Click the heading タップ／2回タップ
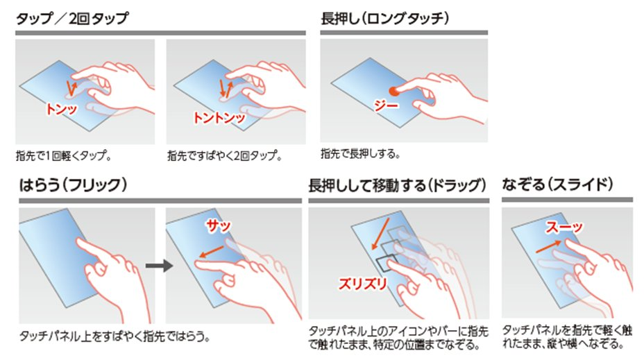[x=72, y=19]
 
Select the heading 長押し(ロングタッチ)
[x=385, y=19]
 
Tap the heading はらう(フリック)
[x=73, y=185]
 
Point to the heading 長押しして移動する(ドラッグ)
[x=397, y=185]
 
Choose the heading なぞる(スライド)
[x=557, y=185]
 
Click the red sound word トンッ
[x=62, y=109]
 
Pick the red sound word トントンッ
[x=219, y=118]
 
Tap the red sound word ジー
[x=386, y=105]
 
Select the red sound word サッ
[x=219, y=225]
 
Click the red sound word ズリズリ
[x=363, y=284]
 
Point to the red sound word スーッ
[x=564, y=227]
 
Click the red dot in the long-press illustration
[x=394, y=91]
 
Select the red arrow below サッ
[x=212, y=252]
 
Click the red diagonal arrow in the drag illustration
[x=380, y=234]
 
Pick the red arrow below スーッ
[x=549, y=246]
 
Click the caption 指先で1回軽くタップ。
[x=64, y=156]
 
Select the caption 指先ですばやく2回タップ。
[x=225, y=156]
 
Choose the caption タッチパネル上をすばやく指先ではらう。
[x=115, y=336]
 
